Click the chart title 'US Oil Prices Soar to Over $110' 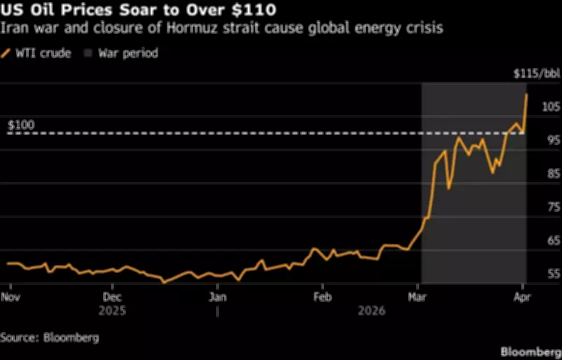(x=138, y=11)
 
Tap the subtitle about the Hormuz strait (x=222, y=30)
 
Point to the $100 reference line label (x=21, y=125)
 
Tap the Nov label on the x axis (x=11, y=297)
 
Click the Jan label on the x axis (x=217, y=297)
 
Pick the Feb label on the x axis (x=322, y=297)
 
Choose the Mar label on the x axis (x=418, y=297)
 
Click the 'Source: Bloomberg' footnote (x=49, y=337)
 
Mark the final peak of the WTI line (x=526, y=94)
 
